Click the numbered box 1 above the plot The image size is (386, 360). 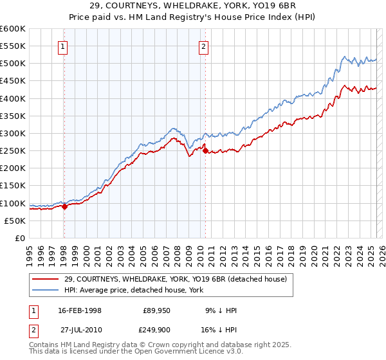point(64,46)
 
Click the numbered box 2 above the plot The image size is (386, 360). point(203,46)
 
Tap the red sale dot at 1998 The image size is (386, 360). point(64,206)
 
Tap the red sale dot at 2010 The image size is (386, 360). point(205,150)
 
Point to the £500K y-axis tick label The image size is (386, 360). point(13,64)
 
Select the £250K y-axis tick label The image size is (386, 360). point(13,151)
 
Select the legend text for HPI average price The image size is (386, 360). point(134,290)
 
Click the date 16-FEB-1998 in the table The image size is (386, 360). point(80,310)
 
